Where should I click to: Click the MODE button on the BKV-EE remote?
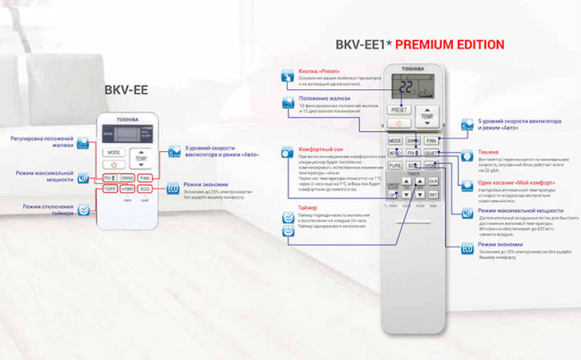point(113,152)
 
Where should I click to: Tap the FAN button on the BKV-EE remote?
point(146,178)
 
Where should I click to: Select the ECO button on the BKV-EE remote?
point(146,189)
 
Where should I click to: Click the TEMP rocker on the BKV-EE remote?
point(140,158)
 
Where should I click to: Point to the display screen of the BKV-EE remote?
point(127,133)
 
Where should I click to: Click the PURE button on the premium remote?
point(394,165)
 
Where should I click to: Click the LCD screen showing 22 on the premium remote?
point(412,88)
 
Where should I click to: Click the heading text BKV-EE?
point(126,89)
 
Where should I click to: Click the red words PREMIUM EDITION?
point(450,45)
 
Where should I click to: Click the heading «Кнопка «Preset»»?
point(318,71)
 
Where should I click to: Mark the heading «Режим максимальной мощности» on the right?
point(518,210)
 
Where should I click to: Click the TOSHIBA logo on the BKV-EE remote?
point(127,118)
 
